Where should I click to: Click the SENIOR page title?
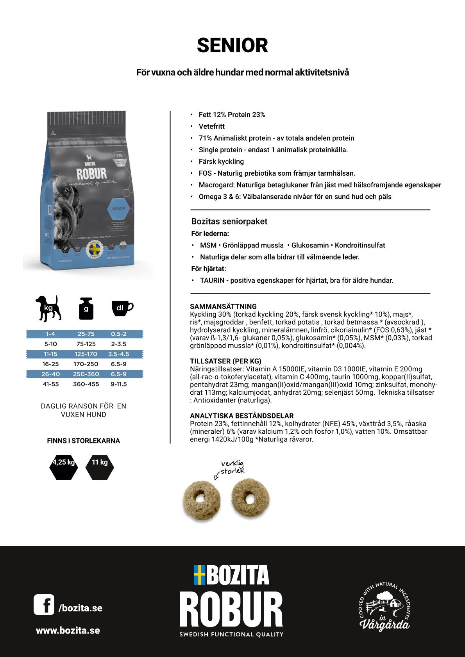pos(232,46)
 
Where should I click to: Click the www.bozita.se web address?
pos(68,630)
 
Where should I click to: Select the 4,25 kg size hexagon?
pos(64,466)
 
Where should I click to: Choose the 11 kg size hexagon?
pos(100,466)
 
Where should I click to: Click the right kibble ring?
pos(250,498)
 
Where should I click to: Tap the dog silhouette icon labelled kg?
pos(48,308)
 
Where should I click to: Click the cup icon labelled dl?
pos(122,308)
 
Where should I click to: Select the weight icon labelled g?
pos(86,309)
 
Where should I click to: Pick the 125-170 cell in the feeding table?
pos(86,354)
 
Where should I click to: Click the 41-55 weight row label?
pos(50,384)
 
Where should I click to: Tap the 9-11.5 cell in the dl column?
pos(118,384)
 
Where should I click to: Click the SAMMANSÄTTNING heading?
pos(223,306)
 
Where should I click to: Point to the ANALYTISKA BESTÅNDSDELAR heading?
pos(241,416)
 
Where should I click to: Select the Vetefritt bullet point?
pos(211,126)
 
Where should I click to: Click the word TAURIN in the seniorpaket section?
pos(212,280)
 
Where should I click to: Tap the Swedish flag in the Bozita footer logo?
pos(199,575)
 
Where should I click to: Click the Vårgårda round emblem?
pos(385,607)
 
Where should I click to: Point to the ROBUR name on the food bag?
pos(91,174)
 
